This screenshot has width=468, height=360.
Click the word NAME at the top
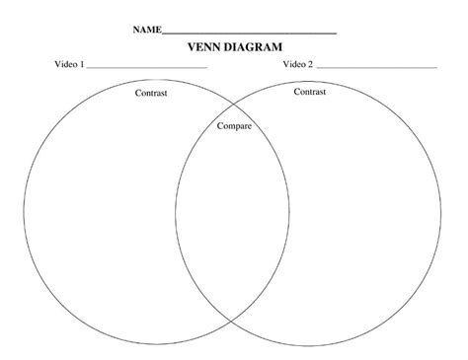pos(146,31)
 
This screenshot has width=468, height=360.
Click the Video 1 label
pos(69,65)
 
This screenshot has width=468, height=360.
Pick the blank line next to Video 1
pos(147,68)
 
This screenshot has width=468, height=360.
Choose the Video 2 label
pos(298,65)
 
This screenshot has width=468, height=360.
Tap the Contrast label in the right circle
pos(310,91)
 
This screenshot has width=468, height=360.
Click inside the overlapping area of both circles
pos(233,212)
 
